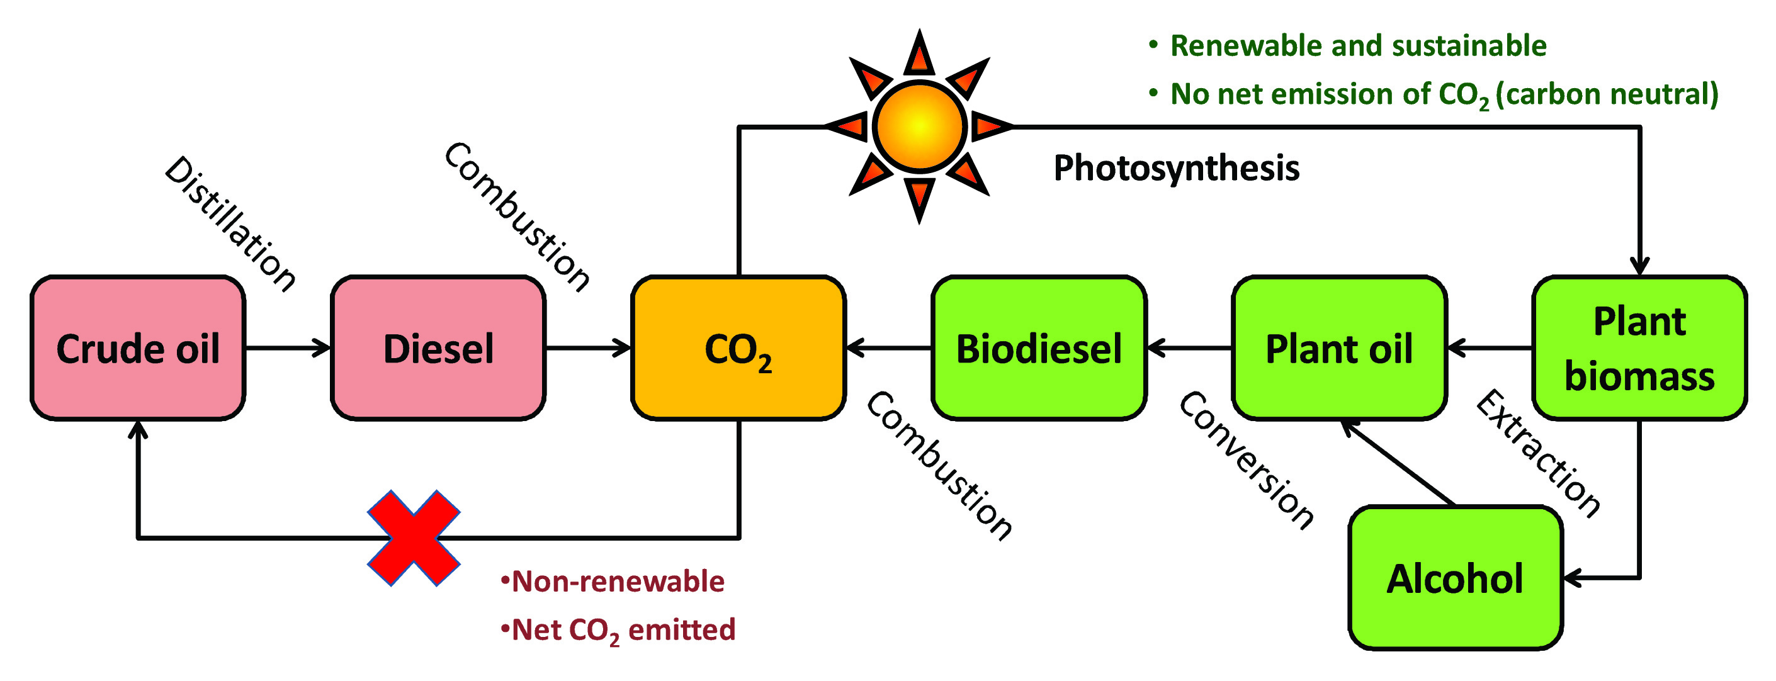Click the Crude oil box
point(138,348)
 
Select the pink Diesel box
point(438,348)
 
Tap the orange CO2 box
point(738,348)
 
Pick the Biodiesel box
point(1039,348)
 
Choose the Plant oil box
point(1339,348)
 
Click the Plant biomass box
point(1639,348)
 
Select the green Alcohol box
point(1455,578)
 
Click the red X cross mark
point(414,537)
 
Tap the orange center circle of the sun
point(919,126)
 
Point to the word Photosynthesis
point(1176,168)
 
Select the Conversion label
point(1247,461)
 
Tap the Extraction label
point(1538,454)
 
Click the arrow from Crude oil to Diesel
point(288,348)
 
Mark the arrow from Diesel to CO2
point(588,348)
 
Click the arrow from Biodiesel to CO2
point(889,348)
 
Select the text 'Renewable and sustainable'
point(1358,46)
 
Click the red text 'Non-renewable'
point(618,582)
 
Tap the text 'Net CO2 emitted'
point(623,630)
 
